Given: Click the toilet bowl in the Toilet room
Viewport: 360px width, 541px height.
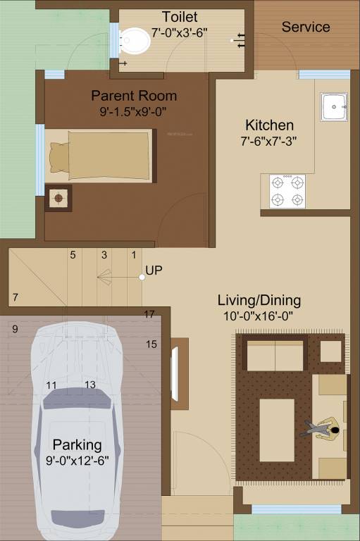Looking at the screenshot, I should click(135, 42).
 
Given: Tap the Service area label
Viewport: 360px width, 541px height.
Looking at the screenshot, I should click(306, 27).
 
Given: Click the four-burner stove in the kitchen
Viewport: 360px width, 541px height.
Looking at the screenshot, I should click(287, 191).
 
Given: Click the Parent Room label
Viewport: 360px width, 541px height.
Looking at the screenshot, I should click(134, 96).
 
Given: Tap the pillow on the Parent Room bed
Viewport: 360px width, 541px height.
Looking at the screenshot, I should click(58, 155).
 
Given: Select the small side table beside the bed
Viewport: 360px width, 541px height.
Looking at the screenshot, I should click(58, 198).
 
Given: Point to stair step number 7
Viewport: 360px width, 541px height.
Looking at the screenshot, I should click(15, 297).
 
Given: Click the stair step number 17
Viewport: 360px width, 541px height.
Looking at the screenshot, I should click(149, 314).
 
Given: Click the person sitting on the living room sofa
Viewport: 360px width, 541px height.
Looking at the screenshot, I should click(323, 428).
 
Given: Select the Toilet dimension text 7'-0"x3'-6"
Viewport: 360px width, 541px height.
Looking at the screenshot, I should click(180, 32).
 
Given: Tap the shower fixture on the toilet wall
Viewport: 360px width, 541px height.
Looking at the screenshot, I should click(241, 40).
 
